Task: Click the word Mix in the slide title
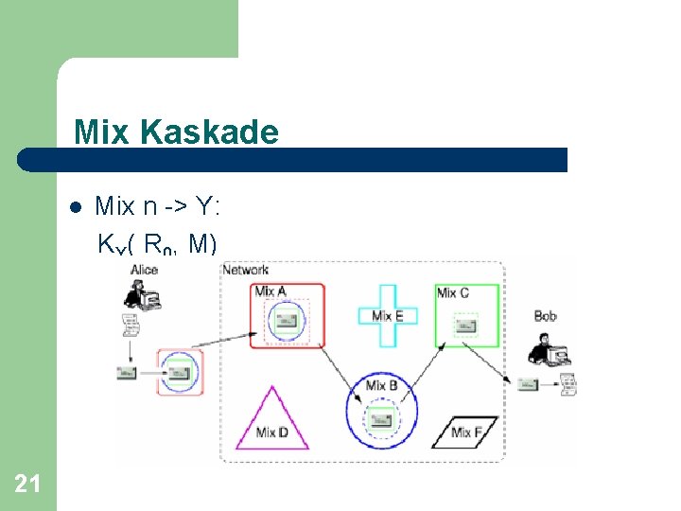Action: pyautogui.click(x=103, y=132)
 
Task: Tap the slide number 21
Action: pyautogui.click(x=27, y=485)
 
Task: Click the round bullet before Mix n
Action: pyautogui.click(x=76, y=206)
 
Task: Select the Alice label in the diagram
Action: pyautogui.click(x=144, y=270)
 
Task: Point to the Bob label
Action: pyautogui.click(x=546, y=315)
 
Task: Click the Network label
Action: pyautogui.click(x=246, y=270)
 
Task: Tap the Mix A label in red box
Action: pyautogui.click(x=271, y=291)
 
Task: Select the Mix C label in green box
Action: pyautogui.click(x=453, y=292)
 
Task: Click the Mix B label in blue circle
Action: pyautogui.click(x=381, y=385)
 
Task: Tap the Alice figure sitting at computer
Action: pyautogui.click(x=142, y=297)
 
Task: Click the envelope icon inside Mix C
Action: pyautogui.click(x=465, y=326)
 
